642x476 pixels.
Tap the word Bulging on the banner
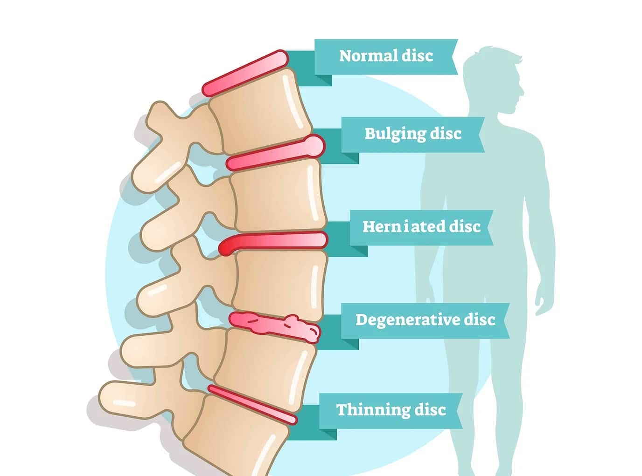394,134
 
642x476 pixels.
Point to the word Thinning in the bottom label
372,410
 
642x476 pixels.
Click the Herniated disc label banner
421,228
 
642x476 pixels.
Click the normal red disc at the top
245,73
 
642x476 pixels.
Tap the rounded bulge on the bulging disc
314,146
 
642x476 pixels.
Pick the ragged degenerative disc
274,327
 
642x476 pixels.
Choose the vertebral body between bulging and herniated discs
279,195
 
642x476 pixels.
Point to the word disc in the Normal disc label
417,56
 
